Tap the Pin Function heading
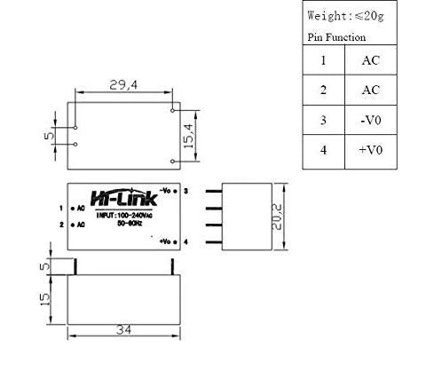click(x=335, y=37)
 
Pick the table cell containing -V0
click(x=370, y=120)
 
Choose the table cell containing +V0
click(x=370, y=150)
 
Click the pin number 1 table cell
click(x=323, y=60)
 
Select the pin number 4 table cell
click(x=323, y=150)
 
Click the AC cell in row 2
click(x=370, y=90)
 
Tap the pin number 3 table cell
click(x=323, y=120)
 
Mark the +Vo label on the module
click(x=166, y=241)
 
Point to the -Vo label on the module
click(x=165, y=191)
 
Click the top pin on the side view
click(x=213, y=191)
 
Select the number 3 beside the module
click(x=185, y=191)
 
